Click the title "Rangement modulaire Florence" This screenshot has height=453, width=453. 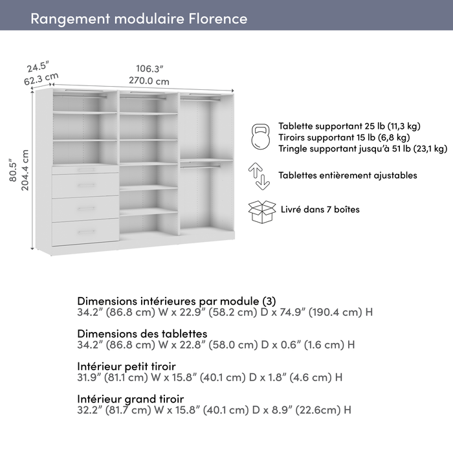pyautogui.click(x=138, y=18)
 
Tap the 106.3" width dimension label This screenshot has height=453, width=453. pyautogui.click(x=149, y=69)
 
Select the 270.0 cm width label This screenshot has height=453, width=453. pyautogui.click(x=149, y=82)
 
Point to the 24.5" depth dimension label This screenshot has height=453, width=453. pyautogui.click(x=38, y=67)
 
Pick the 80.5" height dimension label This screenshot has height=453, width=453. pyautogui.click(x=12, y=171)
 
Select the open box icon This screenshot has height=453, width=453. pyautogui.click(x=261, y=211)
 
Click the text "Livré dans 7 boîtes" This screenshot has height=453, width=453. pyautogui.click(x=320, y=209)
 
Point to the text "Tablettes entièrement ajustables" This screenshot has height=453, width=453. pyautogui.click(x=348, y=175)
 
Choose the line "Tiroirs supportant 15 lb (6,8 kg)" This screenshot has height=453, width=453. pyautogui.click(x=344, y=137)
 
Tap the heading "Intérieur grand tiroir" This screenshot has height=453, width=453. pyautogui.click(x=130, y=399)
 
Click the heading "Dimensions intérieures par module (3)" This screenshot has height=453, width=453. pyautogui.click(x=176, y=301)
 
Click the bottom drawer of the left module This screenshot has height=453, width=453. pyautogui.click(x=85, y=232)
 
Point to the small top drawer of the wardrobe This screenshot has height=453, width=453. pyautogui.click(x=85, y=169)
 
